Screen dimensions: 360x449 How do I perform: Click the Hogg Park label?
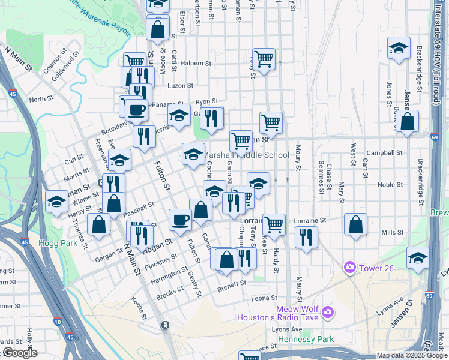tap(58, 244)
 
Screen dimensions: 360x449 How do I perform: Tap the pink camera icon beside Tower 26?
tap(349, 266)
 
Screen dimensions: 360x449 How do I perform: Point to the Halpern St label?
tap(196, 63)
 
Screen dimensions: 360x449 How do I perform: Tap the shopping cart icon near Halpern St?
tap(264, 59)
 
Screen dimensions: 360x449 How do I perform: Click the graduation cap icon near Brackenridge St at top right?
tap(399, 48)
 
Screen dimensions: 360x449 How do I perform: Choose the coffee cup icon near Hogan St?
tap(180, 220)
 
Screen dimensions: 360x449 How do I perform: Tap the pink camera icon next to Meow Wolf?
tap(327, 311)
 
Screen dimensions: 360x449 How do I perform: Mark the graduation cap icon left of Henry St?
tap(56, 201)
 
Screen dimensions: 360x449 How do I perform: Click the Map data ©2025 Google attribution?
tap(412, 355)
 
